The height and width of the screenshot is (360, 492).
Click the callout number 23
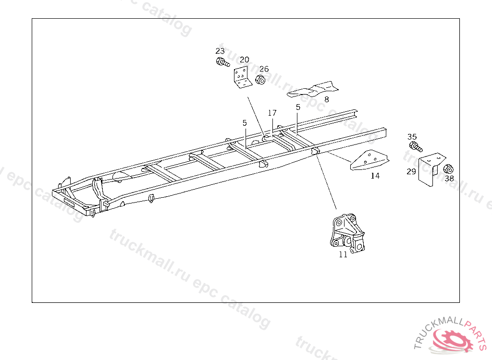220,51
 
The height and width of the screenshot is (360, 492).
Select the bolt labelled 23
222,62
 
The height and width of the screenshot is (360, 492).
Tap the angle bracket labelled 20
243,78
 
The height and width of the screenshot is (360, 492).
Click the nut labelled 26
260,80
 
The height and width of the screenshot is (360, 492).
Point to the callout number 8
326,99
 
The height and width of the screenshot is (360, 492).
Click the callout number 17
272,113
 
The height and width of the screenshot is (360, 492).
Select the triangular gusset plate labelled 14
369,160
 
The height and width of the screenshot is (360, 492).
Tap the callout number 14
375,176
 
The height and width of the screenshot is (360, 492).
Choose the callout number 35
412,137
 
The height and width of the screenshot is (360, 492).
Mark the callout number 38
449,179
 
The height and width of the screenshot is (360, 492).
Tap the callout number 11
343,255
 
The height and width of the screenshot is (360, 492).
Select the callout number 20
245,60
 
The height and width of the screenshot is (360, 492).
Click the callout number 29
411,171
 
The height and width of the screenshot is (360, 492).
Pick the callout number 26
264,69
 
